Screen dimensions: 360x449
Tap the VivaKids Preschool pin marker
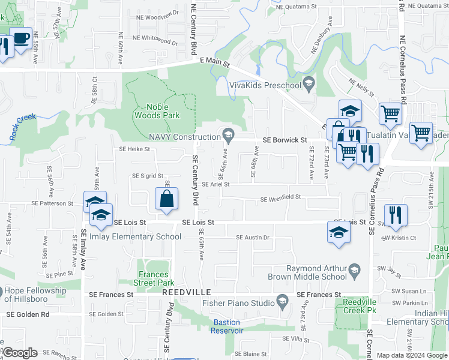pyautogui.click(x=310, y=83)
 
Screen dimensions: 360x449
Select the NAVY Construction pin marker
pyautogui.click(x=228, y=134)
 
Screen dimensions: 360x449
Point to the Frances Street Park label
pyautogui.click(x=154, y=278)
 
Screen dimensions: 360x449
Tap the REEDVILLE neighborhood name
pyautogui.click(x=186, y=292)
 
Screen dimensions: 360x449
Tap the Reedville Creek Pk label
pyautogui.click(x=360, y=306)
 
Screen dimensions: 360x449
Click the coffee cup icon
pyautogui.click(x=22, y=38)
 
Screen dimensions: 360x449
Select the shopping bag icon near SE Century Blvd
pyautogui.click(x=166, y=199)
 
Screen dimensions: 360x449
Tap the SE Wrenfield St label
pyautogui.click(x=280, y=199)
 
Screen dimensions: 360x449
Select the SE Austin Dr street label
pyautogui.click(x=253, y=238)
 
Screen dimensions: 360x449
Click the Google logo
pyautogui.click(x=20, y=353)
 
